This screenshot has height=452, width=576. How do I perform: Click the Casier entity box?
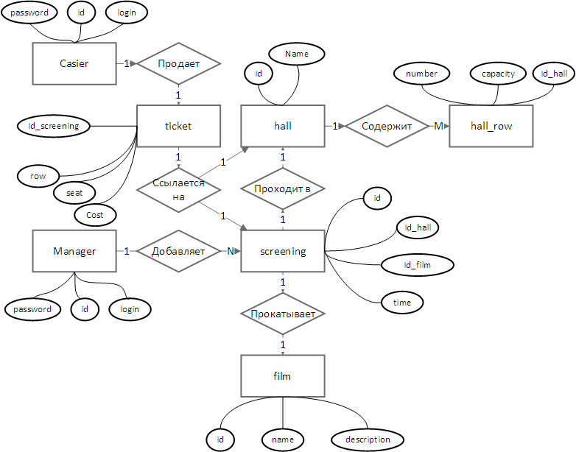(74, 63)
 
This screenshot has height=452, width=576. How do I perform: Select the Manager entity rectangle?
(74, 251)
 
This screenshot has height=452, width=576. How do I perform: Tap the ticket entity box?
(178, 126)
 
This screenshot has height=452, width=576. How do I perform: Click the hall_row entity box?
(491, 126)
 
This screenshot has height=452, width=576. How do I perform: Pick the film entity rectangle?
(283, 376)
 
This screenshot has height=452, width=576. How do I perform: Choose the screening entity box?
(283, 251)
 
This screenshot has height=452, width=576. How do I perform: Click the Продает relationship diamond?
(178, 63)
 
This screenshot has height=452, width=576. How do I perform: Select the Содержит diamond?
(387, 126)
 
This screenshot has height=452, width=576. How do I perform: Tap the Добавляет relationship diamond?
(178, 251)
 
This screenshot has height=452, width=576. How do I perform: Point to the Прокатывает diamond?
(283, 314)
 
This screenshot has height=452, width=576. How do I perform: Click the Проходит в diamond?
(283, 188)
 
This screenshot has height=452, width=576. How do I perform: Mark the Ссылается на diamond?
(178, 188)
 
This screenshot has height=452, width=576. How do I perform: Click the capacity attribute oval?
(498, 74)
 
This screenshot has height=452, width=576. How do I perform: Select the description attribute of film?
(368, 440)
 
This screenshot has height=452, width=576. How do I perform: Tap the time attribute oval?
(401, 302)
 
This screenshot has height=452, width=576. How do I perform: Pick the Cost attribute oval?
(95, 214)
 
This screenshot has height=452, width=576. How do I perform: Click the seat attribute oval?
(74, 193)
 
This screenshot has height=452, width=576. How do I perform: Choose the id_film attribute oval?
(418, 264)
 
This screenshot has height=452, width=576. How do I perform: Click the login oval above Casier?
(127, 13)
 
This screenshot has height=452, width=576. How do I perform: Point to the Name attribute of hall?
(297, 54)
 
